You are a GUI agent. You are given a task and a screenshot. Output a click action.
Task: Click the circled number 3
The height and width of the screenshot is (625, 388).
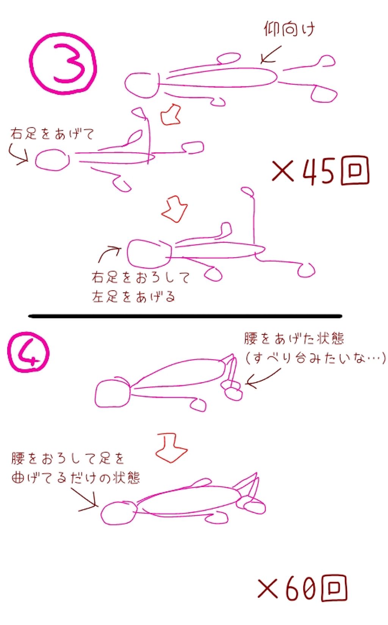[63, 63]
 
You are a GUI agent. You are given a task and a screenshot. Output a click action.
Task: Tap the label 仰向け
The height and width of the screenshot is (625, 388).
[289, 29]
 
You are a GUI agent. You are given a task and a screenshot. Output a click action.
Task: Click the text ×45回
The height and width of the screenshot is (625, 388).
[320, 171]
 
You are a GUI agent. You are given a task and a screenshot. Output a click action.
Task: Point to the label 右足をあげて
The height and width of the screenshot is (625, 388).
[52, 134]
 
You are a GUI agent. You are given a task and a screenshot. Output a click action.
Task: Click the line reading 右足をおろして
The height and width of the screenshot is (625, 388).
[141, 278]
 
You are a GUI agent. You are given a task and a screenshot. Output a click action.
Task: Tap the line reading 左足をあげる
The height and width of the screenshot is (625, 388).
[133, 297]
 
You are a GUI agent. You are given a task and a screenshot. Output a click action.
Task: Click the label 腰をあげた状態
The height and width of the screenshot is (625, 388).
[294, 338]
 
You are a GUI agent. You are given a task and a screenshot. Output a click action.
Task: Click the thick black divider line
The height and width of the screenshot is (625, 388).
[185, 316]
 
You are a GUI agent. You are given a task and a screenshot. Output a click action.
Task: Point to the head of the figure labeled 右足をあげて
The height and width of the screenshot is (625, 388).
[52, 160]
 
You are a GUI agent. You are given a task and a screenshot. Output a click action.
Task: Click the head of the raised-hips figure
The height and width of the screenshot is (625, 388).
[113, 394]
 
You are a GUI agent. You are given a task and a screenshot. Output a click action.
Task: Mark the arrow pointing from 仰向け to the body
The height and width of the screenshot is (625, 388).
[271, 55]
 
